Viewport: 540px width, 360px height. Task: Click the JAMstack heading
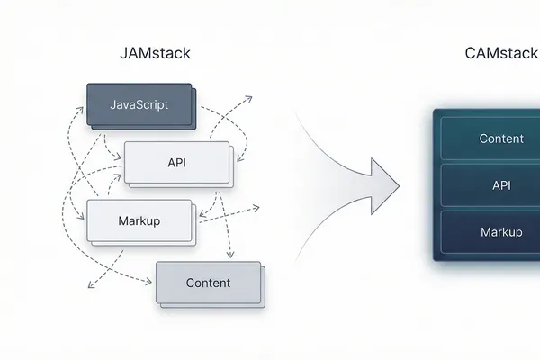point(155,53)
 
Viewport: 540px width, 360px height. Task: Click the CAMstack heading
point(501,53)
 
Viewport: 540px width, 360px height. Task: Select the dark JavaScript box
point(139,105)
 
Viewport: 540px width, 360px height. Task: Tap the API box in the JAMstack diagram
point(176,163)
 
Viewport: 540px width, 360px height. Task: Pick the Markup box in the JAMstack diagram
point(139,220)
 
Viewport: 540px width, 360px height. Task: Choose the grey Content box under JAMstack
point(208,283)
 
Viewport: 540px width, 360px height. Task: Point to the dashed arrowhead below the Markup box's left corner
point(91,287)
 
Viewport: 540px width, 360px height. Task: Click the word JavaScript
point(139,105)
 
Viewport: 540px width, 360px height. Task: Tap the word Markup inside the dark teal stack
point(501,232)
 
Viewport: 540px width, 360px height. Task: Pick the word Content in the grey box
point(208,283)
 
